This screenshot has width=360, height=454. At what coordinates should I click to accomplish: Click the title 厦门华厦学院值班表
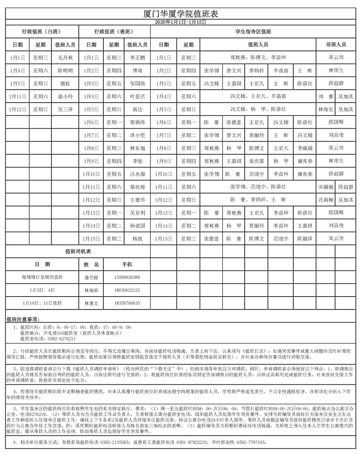(x=181, y=14)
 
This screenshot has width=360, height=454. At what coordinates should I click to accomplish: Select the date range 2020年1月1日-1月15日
(x=181, y=22)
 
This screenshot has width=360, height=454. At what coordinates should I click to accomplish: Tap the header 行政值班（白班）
(x=41, y=32)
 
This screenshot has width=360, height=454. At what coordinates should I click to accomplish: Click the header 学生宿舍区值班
(x=253, y=32)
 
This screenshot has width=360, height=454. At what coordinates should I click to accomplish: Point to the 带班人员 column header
(x=336, y=45)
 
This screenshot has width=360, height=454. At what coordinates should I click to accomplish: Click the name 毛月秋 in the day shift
(x=65, y=58)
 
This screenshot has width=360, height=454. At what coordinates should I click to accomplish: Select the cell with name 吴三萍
(x=65, y=109)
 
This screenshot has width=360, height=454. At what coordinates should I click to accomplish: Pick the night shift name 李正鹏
(x=137, y=58)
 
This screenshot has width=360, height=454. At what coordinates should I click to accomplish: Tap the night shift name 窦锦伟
(x=137, y=122)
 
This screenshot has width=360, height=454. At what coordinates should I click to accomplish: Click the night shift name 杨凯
(x=137, y=239)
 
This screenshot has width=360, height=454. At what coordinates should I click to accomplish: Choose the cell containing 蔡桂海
(x=137, y=187)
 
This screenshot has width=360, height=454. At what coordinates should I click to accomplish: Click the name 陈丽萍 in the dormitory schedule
(x=305, y=239)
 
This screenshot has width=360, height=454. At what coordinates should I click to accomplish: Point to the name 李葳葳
(x=305, y=148)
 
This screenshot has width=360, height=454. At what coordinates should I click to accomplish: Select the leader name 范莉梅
(x=326, y=200)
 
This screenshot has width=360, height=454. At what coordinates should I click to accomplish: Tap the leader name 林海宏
(x=326, y=109)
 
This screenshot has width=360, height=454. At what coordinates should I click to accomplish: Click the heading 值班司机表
(x=78, y=252)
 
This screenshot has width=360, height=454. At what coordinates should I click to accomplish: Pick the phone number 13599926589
(x=127, y=277)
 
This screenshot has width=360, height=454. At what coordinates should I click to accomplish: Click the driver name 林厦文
(x=91, y=303)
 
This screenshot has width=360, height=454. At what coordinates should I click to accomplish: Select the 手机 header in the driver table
(x=127, y=264)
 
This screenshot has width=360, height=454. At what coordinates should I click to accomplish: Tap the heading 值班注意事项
(x=23, y=319)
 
